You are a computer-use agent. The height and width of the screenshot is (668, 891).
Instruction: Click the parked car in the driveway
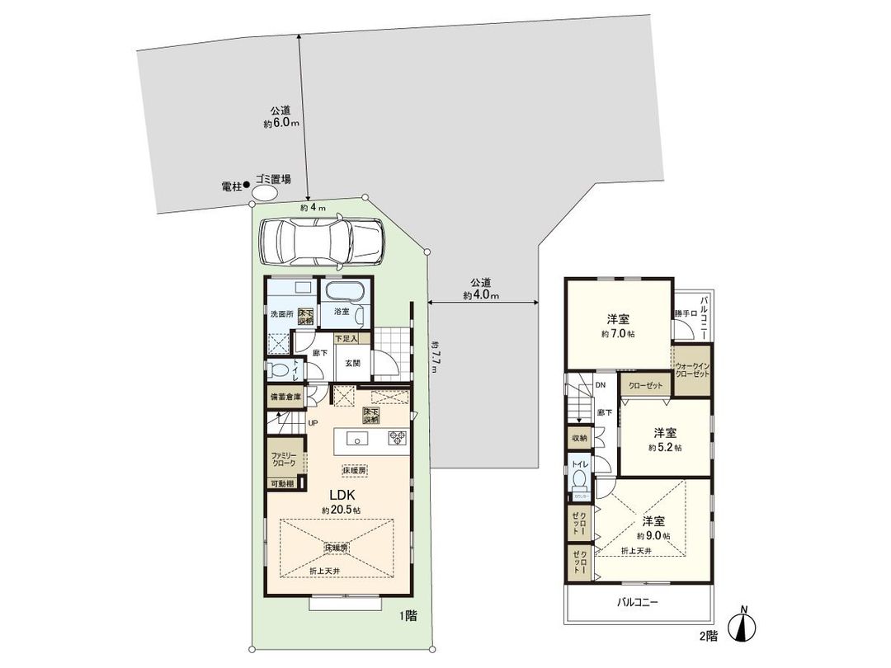(322, 242)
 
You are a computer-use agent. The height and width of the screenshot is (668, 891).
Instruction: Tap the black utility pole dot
(246, 187)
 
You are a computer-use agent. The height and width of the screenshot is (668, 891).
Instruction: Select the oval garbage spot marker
(265, 193)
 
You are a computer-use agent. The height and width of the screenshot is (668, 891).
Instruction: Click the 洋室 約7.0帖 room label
(619, 326)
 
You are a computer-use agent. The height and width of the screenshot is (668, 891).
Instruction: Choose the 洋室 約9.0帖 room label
(654, 528)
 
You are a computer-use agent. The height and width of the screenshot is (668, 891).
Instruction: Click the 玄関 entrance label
(352, 362)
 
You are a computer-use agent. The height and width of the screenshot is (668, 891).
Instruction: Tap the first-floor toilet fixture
(278, 370)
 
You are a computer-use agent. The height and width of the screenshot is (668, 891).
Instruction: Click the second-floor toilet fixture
(579, 480)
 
